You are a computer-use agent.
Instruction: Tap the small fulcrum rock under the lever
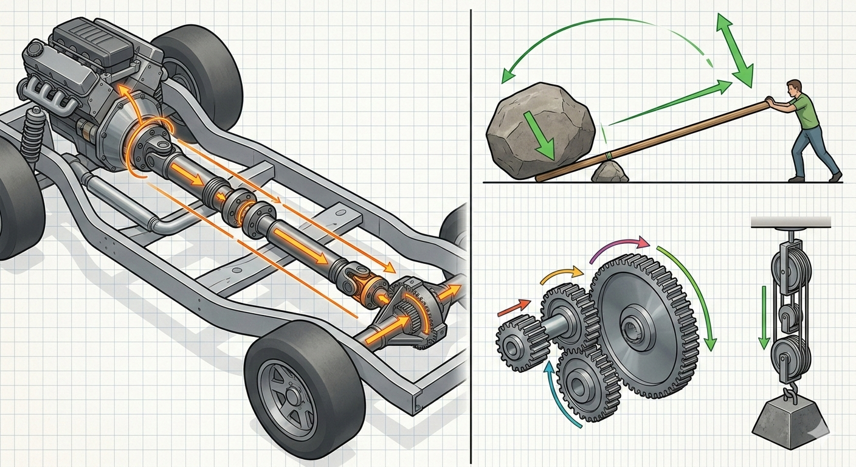point(610,172)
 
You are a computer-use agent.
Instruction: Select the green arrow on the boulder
point(539,135)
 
